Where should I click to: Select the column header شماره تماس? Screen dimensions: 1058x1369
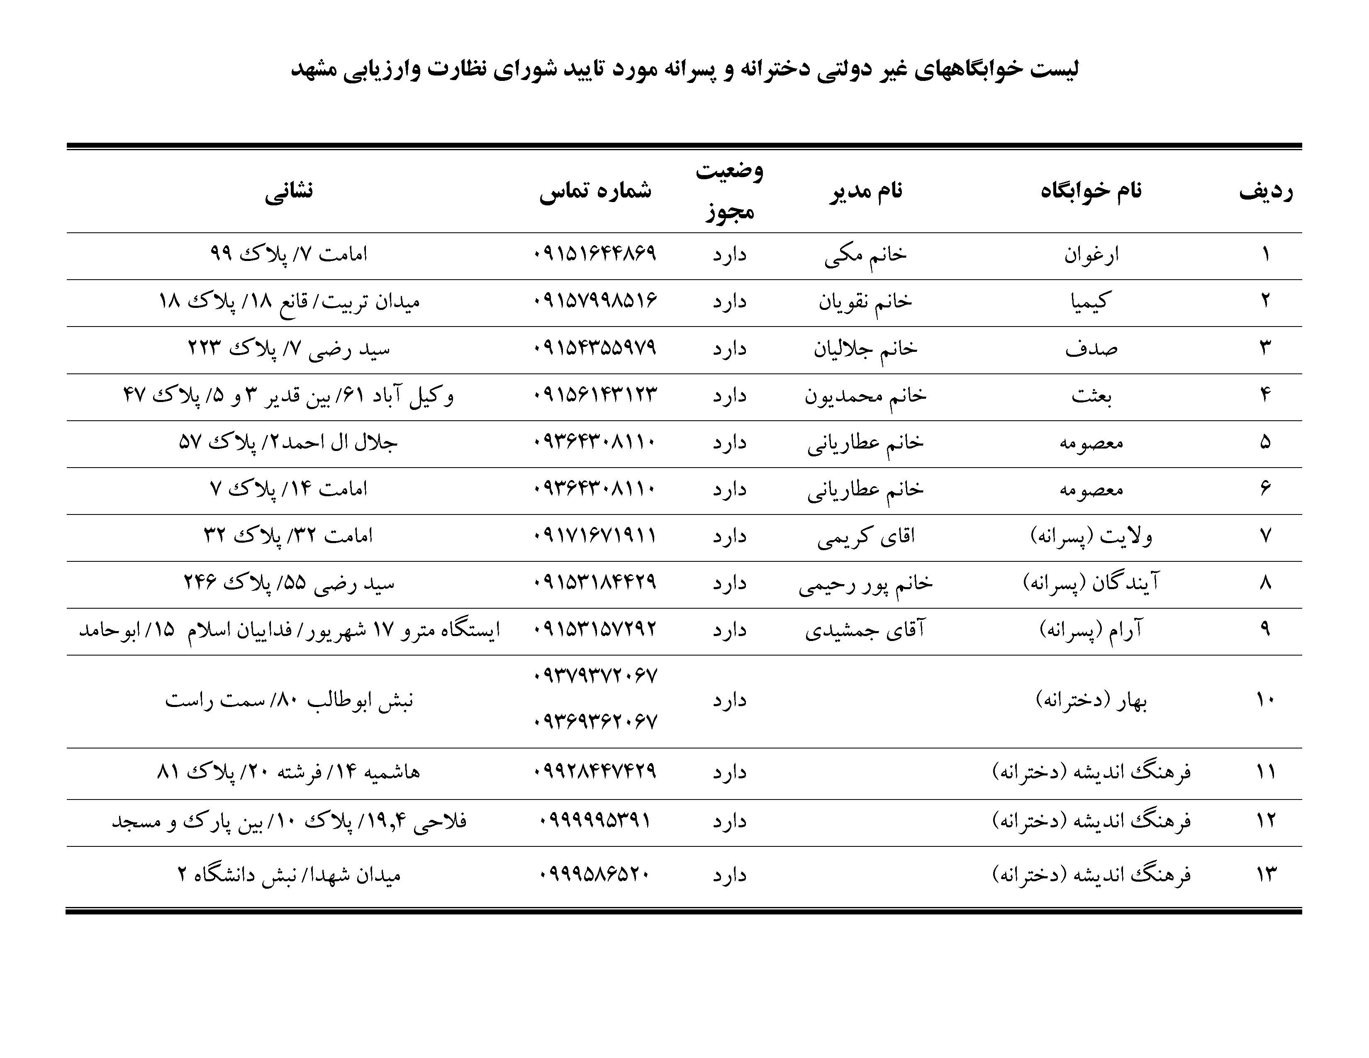(595, 190)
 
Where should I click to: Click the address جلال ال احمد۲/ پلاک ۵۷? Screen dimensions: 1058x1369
(288, 443)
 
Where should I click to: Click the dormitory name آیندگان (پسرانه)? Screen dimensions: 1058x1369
(1091, 583)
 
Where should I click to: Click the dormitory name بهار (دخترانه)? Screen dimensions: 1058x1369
(1091, 701)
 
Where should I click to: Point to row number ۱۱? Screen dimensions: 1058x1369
(1266, 772)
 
